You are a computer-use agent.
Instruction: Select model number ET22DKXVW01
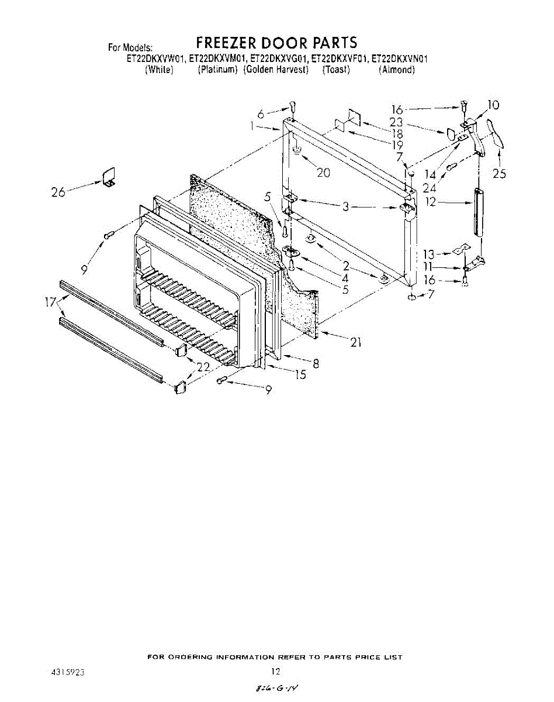click(x=156, y=59)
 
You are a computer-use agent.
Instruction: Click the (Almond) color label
click(x=397, y=70)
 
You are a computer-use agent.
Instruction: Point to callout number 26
click(x=58, y=191)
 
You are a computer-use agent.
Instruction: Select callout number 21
click(x=355, y=343)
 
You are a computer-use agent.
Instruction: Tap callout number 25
click(x=500, y=174)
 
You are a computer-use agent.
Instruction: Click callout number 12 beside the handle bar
click(x=430, y=203)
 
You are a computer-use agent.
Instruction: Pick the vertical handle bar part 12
click(x=480, y=212)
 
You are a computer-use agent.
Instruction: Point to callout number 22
click(x=203, y=367)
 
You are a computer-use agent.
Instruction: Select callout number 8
click(x=316, y=364)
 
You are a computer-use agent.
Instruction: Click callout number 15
click(x=300, y=375)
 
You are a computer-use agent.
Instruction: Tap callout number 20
click(x=323, y=173)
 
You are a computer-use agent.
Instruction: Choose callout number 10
click(x=493, y=105)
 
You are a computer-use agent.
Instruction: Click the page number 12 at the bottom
click(x=276, y=671)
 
